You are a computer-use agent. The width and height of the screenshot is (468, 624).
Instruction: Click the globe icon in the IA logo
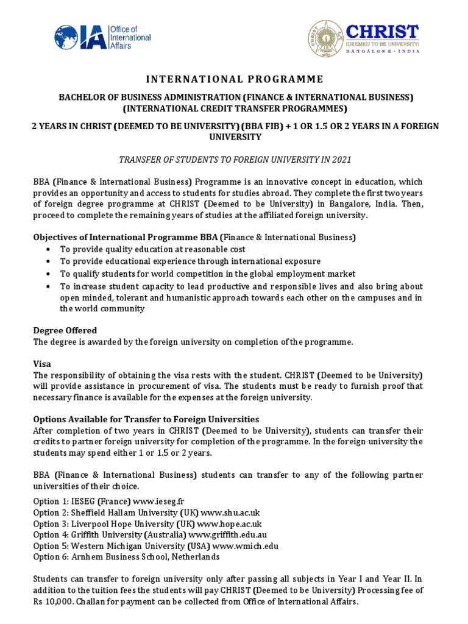66,37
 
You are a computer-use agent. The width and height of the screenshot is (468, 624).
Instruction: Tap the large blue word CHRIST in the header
382,32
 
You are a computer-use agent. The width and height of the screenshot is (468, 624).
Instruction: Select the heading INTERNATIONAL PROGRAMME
233,79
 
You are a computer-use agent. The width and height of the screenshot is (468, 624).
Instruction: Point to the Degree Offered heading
65,330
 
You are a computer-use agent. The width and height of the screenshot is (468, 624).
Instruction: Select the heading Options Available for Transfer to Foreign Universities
146,419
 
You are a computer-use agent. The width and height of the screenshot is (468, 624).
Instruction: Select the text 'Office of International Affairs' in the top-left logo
130,37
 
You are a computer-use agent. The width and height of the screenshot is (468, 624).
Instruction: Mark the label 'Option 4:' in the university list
51,534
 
